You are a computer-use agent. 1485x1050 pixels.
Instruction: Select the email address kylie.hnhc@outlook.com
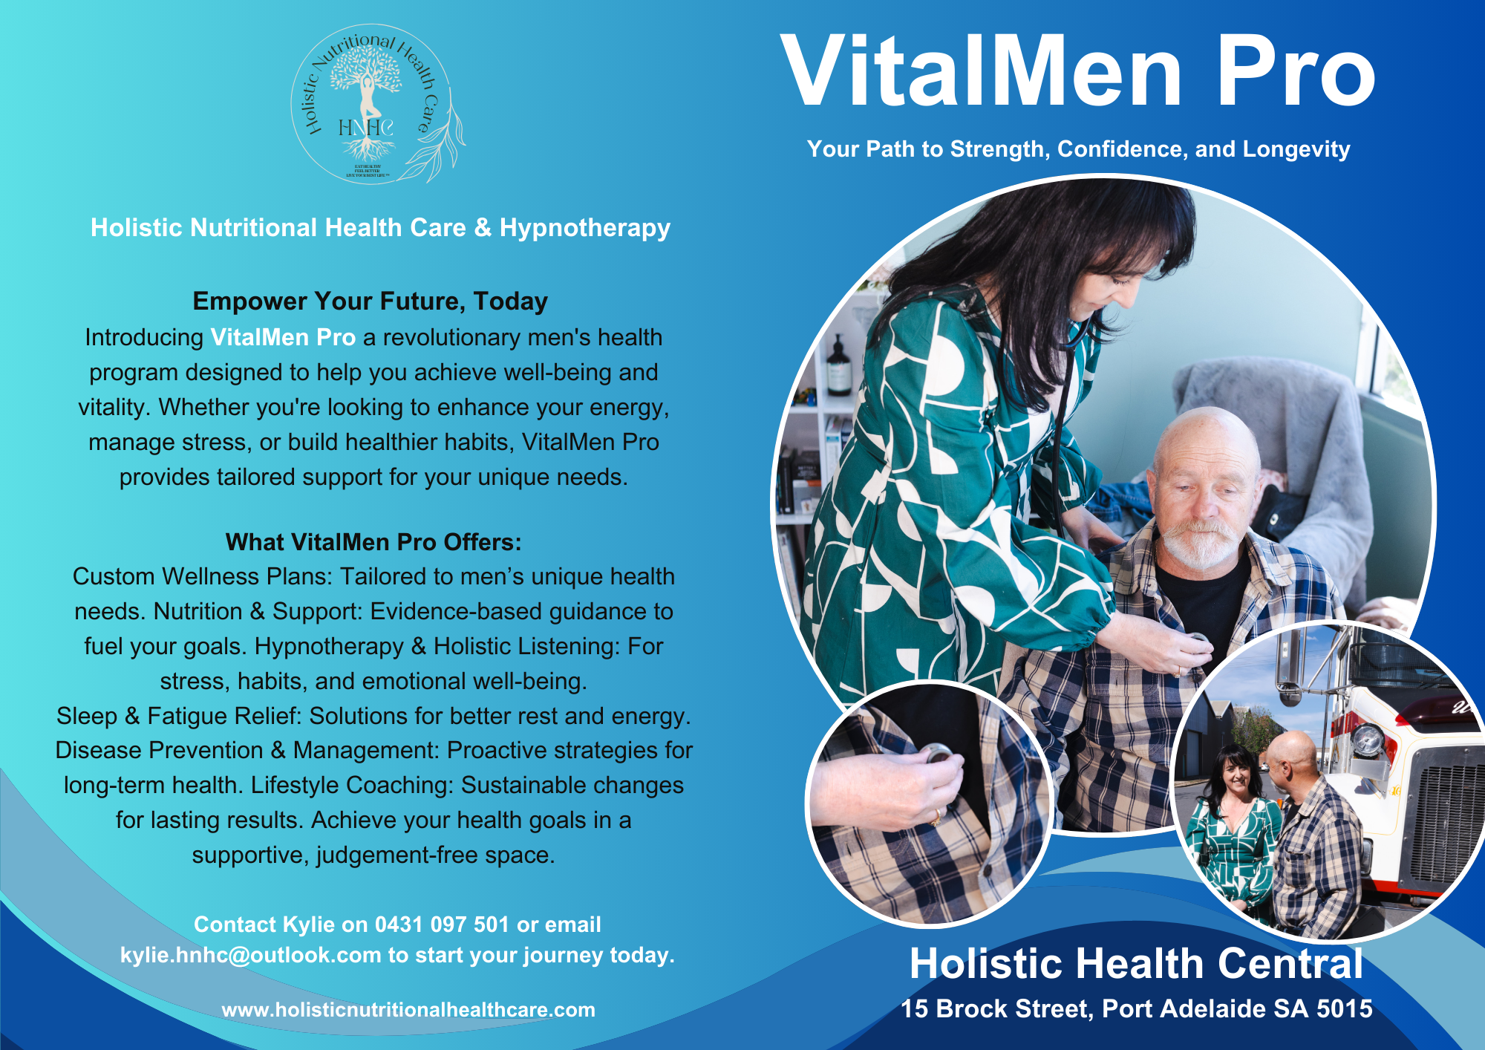pos(250,955)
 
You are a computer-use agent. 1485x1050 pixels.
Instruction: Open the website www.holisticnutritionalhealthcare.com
pos(408,1010)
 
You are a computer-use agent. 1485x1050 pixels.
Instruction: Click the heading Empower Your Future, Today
pos(370,301)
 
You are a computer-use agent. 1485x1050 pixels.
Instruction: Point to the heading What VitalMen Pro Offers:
pos(373,542)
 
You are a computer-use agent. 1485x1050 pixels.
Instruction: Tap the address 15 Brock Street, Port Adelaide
pos(1136,1008)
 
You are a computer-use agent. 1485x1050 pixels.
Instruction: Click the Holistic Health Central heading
pos(1136,964)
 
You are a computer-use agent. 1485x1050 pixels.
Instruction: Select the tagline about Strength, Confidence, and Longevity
pos(1078,149)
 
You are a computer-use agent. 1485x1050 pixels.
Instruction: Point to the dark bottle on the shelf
pos(838,368)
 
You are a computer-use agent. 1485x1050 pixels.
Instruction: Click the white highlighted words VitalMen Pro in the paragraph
pos(283,337)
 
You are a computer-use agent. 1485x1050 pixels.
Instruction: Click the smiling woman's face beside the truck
pos(1236,777)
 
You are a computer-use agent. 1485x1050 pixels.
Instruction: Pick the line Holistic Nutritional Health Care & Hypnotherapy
pos(380,228)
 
